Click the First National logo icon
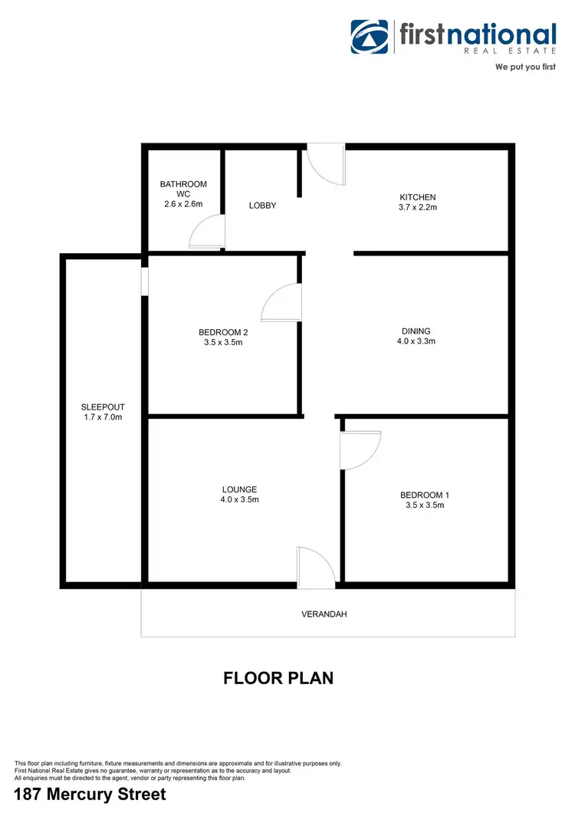(x=370, y=37)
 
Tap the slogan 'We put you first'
(x=525, y=67)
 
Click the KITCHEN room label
(x=416, y=197)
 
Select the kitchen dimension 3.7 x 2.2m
(x=416, y=208)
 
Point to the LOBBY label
(x=262, y=206)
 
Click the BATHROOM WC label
(x=183, y=189)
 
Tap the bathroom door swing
(x=206, y=232)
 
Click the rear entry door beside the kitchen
(x=325, y=165)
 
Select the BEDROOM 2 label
(x=223, y=332)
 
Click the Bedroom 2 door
(x=281, y=302)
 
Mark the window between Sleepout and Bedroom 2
(x=144, y=280)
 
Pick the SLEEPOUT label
(x=103, y=407)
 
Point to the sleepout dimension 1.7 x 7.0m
(x=103, y=418)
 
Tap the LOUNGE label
(x=239, y=489)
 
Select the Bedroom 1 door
(x=360, y=449)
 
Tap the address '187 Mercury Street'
(x=90, y=795)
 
